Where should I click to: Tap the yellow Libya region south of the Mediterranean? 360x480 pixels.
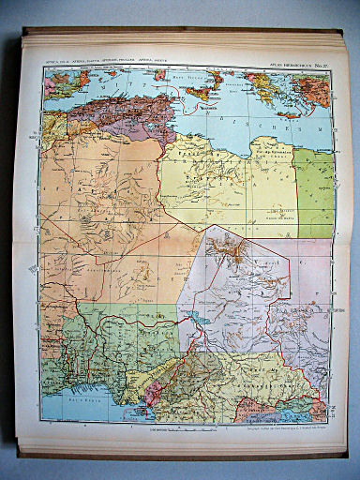point(225,178)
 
